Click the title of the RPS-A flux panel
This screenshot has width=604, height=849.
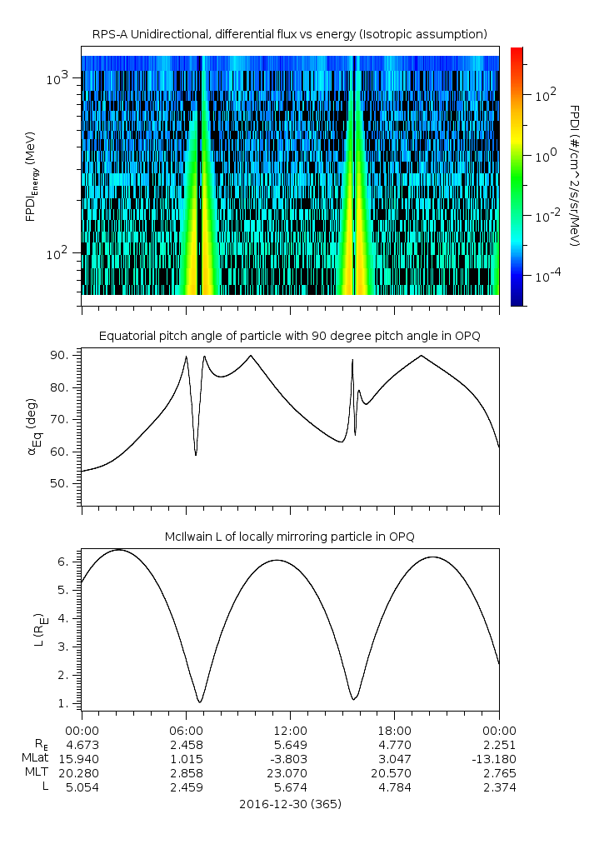[290, 33]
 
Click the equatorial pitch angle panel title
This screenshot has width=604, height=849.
[290, 336]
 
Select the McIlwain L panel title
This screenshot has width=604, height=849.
[290, 535]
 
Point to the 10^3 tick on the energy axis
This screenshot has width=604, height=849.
[61, 78]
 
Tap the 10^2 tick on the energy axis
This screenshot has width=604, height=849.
[61, 253]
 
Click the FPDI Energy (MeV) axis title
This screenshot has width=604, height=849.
[31, 177]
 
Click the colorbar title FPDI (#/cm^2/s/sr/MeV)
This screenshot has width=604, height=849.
[574, 176]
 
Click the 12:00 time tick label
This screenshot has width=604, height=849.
[290, 729]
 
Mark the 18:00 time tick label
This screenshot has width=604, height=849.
[394, 729]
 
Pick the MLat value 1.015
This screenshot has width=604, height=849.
[186, 758]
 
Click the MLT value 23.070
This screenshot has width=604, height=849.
[290, 772]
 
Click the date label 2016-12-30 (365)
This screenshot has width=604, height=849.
[290, 804]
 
